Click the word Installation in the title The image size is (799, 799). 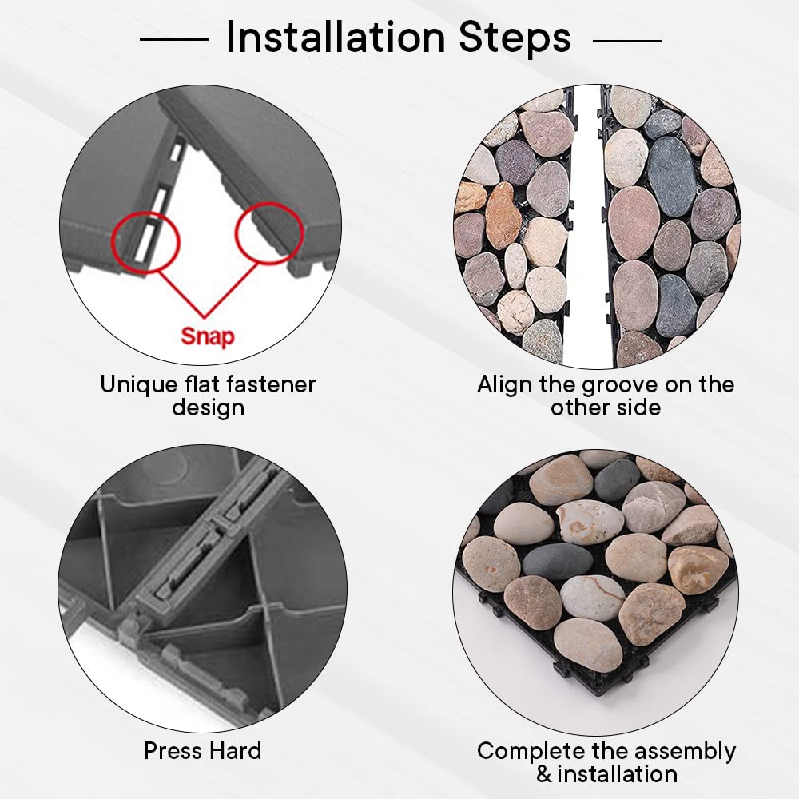click(336, 37)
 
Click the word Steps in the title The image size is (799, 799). click(515, 38)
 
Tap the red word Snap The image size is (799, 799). click(208, 337)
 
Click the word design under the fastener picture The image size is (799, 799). click(208, 408)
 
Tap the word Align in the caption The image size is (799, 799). click(506, 385)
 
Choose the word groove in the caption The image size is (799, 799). click(621, 386)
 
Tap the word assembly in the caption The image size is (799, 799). click(686, 752)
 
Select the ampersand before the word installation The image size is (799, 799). click(543, 774)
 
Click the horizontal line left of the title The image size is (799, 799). click(173, 38)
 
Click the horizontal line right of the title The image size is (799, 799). click(627, 40)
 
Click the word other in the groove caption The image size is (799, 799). click(579, 407)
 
